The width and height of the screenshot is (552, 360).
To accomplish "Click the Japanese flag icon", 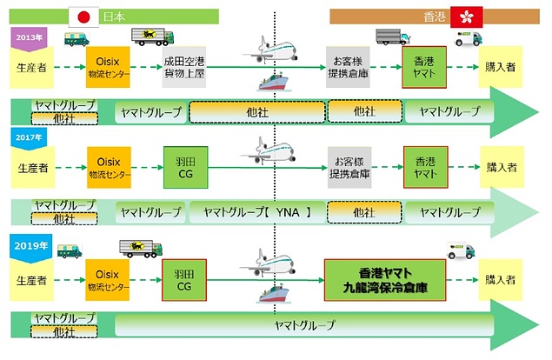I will click(84, 17).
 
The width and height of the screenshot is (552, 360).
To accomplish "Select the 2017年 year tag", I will click(26, 137).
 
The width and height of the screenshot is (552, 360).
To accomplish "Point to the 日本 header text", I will click(116, 17).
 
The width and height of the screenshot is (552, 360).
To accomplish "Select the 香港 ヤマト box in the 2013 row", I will click(424, 66).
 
